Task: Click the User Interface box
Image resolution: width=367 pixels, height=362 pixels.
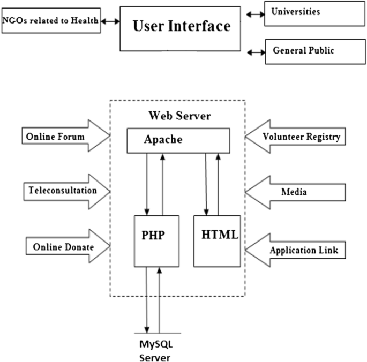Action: click(181, 27)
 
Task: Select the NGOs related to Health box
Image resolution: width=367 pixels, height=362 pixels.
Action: click(51, 21)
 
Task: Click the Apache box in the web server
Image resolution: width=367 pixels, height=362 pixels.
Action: click(178, 140)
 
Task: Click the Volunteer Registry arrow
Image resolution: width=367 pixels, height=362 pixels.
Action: click(294, 137)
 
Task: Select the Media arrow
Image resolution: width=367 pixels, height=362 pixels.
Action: click(294, 191)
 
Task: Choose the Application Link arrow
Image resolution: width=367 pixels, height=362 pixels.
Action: click(294, 250)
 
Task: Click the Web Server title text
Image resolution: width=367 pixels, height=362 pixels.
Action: click(178, 116)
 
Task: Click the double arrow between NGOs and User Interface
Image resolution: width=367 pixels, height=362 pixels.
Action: click(110, 21)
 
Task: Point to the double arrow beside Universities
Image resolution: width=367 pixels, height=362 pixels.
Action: click(256, 11)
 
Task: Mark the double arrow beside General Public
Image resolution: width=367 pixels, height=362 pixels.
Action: click(256, 52)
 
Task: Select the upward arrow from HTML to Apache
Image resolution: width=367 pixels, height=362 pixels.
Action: click(218, 182)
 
